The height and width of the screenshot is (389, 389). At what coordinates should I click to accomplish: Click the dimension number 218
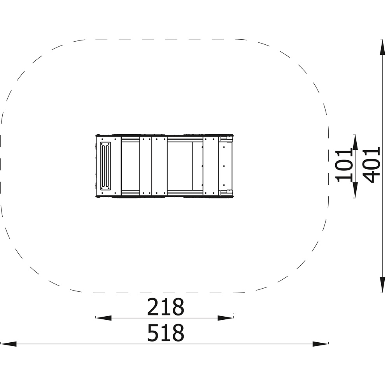166,307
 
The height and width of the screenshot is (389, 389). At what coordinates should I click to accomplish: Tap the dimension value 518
166,333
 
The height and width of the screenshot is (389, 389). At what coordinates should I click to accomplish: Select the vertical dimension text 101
344,165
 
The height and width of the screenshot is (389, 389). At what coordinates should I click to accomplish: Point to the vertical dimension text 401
371,165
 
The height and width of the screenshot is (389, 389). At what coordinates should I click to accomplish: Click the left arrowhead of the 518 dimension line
8,344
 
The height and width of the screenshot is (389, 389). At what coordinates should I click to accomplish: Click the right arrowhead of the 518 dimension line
321,344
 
